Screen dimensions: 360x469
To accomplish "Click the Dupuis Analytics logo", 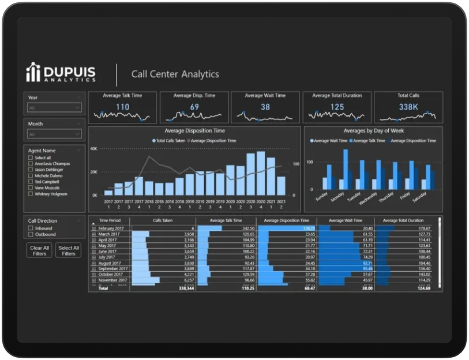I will [61, 72].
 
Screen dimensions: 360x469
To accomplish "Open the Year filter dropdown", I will [55, 108].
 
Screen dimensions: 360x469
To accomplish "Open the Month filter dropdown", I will [55, 134].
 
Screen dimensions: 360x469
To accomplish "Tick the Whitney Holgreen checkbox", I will [31, 194].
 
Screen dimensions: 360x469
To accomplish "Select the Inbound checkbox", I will [31, 228].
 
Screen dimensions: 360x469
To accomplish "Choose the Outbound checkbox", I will [31, 234].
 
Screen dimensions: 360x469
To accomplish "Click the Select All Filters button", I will [68, 250].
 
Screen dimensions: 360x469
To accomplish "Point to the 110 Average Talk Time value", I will [122, 107].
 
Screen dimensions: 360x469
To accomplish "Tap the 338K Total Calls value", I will [408, 107].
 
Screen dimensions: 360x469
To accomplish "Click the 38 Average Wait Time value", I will [265, 107].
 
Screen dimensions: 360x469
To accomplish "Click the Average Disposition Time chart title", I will [194, 131].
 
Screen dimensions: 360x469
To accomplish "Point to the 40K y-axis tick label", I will [93, 149].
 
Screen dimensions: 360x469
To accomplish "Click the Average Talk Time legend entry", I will [368, 141].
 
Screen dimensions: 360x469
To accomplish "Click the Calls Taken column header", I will [163, 220].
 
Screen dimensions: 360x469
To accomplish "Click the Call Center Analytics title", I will [175, 74].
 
